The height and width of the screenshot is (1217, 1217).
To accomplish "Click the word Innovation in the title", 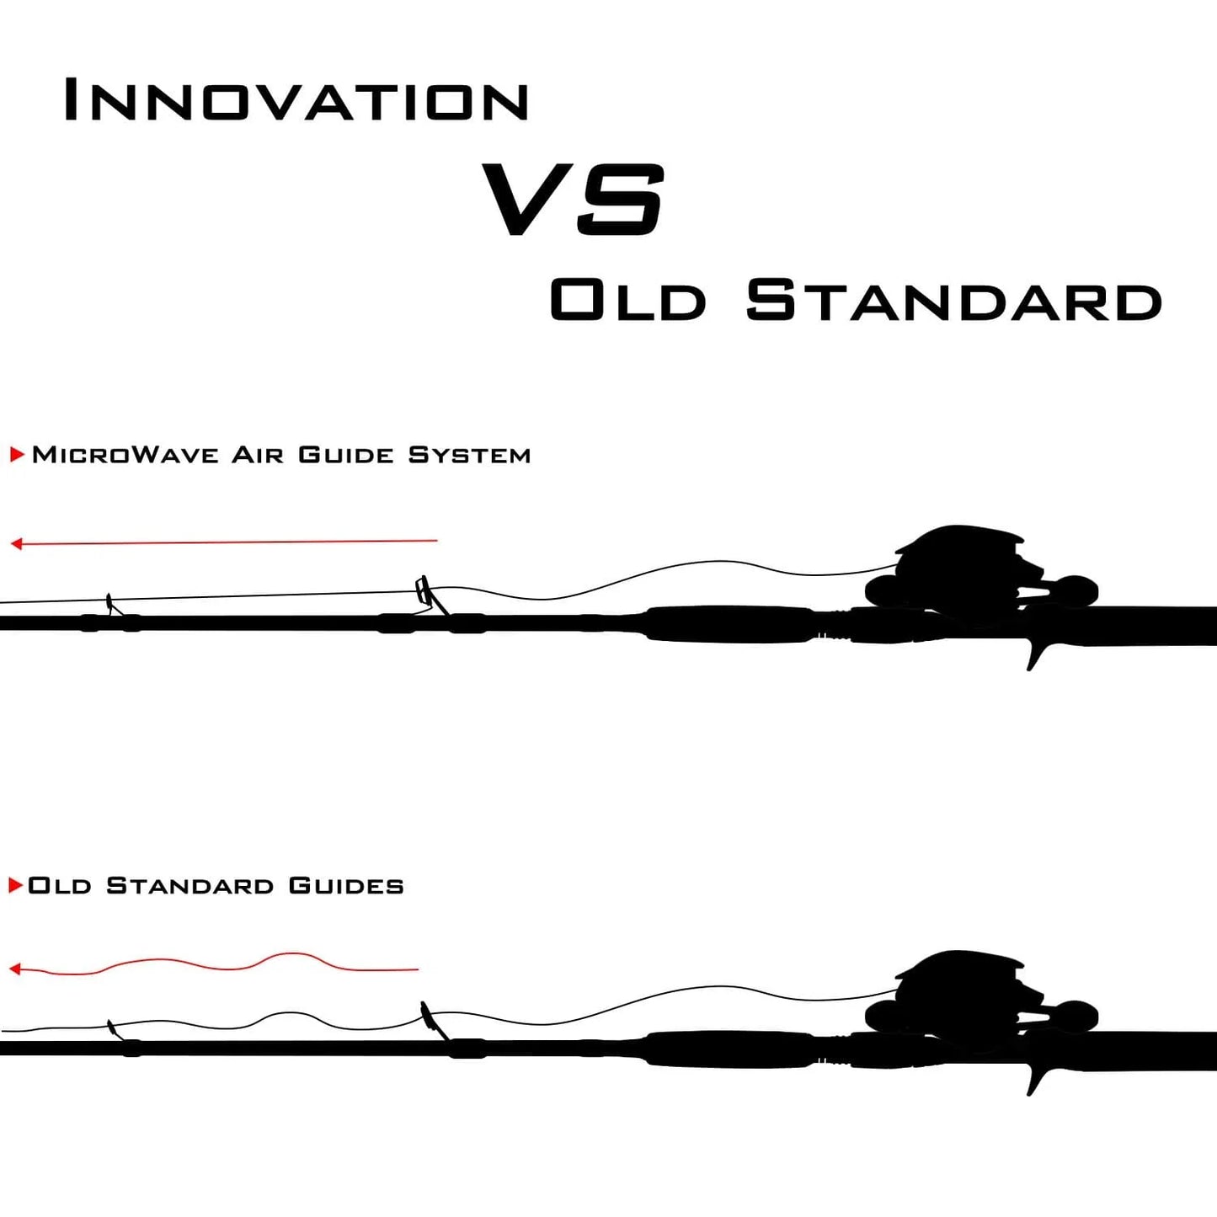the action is coord(296,99).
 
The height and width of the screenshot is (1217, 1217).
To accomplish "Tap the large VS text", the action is coord(574,199).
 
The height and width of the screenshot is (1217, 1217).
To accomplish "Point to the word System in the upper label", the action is coord(469,455).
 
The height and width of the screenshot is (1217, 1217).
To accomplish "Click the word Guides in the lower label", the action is coord(346,885).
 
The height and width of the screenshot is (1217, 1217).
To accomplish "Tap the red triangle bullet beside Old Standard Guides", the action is coord(16,885).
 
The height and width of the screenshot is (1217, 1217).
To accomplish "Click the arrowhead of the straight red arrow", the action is coord(17,543).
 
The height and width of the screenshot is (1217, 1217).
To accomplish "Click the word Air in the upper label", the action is coord(258,455).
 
